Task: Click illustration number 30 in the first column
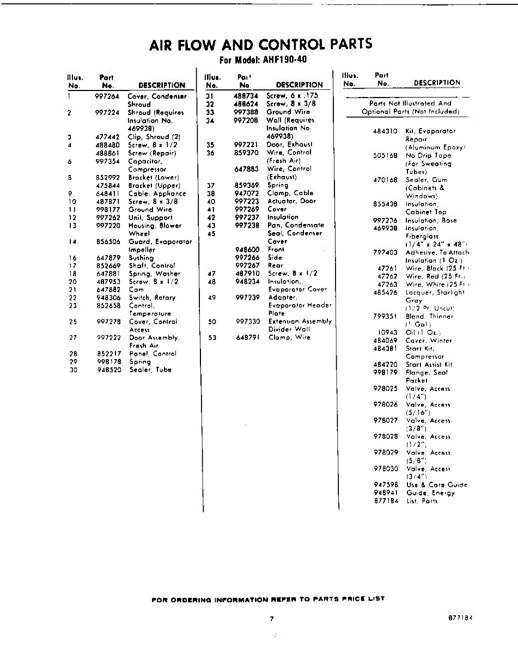74,370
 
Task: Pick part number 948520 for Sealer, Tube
108,370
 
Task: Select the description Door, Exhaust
289,144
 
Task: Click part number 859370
246,153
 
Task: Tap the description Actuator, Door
291,201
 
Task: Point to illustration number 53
212,338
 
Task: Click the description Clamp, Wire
289,337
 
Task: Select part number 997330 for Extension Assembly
248,322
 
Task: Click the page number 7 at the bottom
271,619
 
